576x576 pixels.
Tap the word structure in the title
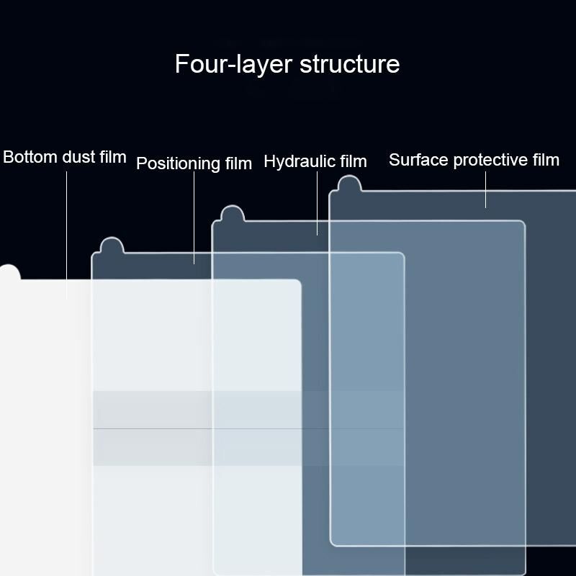coord(349,64)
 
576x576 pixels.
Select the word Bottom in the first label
coord(30,157)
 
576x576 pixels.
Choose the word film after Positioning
coord(238,163)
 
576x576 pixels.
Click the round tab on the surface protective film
coord(349,184)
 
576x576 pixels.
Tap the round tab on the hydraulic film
coord(232,213)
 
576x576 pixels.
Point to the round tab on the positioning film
coord(112,245)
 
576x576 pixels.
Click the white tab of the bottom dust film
coord(9,272)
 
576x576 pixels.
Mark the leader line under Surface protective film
coord(485,189)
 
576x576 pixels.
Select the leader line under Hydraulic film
coord(317,203)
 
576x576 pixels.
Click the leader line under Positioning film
coord(194,218)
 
